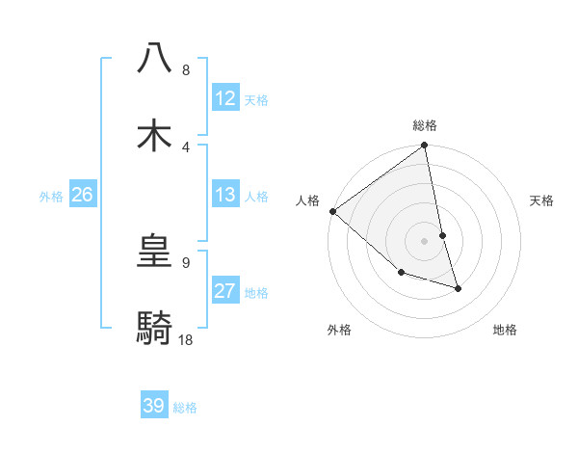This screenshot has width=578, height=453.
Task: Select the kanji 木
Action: point(155,134)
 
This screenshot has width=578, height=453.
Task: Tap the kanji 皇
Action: point(155,253)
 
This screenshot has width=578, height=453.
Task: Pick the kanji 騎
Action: point(155,329)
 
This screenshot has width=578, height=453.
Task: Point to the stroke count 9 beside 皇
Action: point(185,261)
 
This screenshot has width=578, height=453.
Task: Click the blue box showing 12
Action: point(225,98)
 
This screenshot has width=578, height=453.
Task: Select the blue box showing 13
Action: point(225,195)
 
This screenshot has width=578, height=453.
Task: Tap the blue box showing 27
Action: point(225,291)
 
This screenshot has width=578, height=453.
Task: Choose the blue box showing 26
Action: point(82,195)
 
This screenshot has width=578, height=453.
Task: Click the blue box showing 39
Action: point(154,406)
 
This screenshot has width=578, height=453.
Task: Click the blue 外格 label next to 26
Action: point(51,196)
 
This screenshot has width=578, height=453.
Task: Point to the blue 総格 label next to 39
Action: point(185,408)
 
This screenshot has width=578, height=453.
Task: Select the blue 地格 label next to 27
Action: point(256,293)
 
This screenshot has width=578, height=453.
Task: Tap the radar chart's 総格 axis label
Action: point(425,125)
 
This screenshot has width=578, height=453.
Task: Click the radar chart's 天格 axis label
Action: point(542,200)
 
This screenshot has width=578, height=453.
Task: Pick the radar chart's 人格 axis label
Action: point(307,200)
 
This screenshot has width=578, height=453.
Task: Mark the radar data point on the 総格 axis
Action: point(425,147)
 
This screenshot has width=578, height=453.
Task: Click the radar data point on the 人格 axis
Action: point(332,211)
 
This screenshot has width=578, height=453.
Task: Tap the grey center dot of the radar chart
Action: point(425,241)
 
